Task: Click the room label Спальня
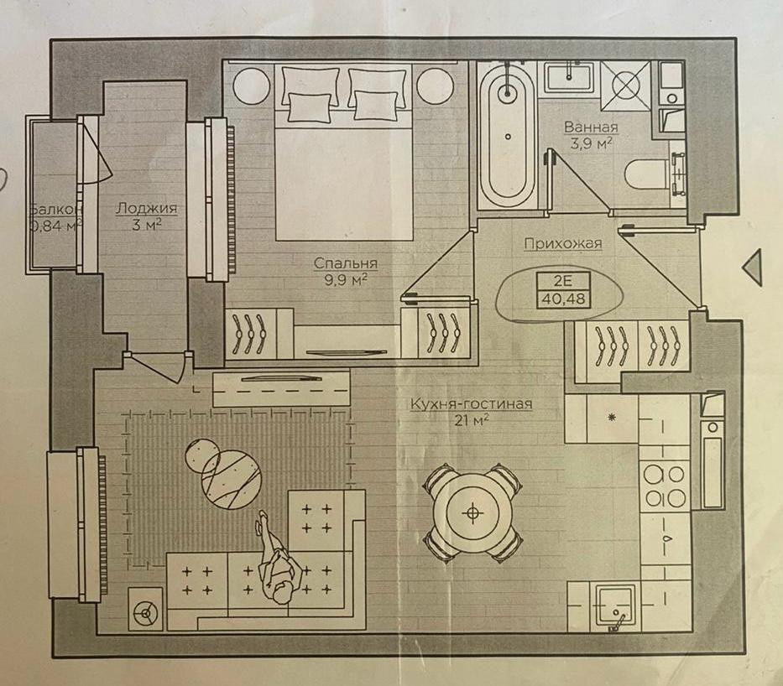(346, 263)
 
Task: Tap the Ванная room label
(592, 127)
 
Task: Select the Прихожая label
(563, 243)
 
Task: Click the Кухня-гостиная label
(471, 403)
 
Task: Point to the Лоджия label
(146, 208)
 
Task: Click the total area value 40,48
(564, 299)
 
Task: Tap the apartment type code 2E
(563, 280)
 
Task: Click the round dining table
(472, 513)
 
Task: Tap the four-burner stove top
(664, 485)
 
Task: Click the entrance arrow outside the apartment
(753, 268)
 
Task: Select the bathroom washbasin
(569, 77)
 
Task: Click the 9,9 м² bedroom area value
(346, 280)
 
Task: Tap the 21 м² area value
(471, 421)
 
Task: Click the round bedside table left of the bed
(252, 86)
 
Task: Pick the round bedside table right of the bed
(435, 86)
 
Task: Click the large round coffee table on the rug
(231, 479)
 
